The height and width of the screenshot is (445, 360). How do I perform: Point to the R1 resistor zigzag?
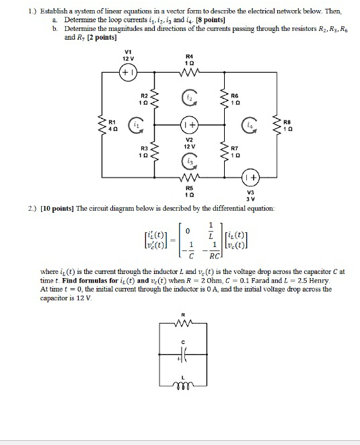102,125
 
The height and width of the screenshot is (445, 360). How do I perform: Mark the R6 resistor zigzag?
222,99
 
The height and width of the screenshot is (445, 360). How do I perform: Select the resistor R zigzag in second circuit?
183,323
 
